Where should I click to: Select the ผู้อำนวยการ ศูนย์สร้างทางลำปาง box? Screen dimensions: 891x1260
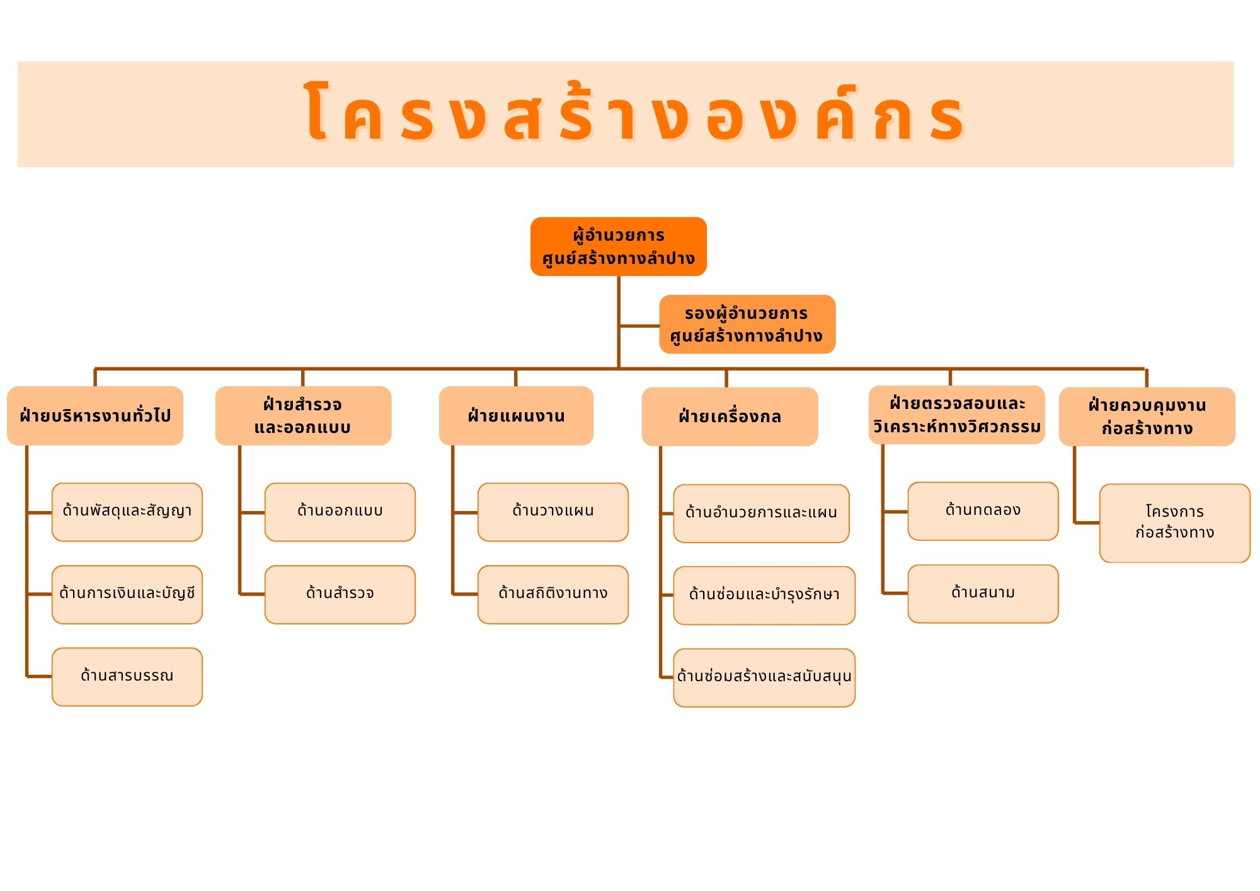[618, 246]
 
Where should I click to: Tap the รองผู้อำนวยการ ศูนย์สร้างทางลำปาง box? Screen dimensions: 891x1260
[747, 324]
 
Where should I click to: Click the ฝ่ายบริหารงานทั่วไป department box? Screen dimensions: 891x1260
[95, 416]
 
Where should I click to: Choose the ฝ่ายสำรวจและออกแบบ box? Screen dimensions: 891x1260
[303, 416]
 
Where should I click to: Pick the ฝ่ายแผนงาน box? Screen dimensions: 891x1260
[516, 416]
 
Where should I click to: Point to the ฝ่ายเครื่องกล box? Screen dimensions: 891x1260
[730, 417]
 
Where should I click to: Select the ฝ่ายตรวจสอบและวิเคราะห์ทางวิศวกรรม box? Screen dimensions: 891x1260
[956, 415]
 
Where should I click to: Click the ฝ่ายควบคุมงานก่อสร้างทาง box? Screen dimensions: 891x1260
[1147, 417]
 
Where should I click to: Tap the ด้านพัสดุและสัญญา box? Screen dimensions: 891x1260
[127, 512]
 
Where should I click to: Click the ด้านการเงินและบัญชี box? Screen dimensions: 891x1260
[127, 594]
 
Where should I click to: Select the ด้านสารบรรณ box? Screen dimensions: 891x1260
[127, 677]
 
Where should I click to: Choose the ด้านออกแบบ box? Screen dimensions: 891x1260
[340, 512]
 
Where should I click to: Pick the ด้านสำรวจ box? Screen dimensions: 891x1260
[340, 594]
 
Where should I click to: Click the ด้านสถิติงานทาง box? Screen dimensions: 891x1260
[553, 594]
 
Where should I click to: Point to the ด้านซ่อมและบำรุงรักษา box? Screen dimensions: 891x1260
[764, 595]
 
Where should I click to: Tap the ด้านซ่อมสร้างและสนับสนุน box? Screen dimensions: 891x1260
[764, 677]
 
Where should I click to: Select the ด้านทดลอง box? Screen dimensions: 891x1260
[983, 511]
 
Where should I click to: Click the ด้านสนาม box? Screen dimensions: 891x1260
[983, 594]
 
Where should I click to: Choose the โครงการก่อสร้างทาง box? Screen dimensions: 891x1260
[1174, 523]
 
